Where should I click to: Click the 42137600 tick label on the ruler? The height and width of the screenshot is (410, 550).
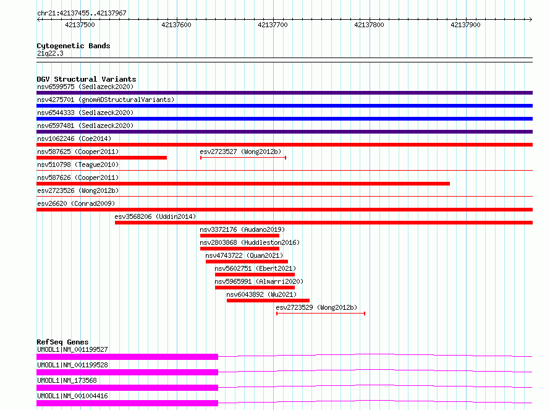point(176,25)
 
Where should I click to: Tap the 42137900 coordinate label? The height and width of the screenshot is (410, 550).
point(465,25)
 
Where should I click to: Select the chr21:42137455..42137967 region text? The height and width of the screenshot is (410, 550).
point(82,13)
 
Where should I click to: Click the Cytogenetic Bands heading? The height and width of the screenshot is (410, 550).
point(74,46)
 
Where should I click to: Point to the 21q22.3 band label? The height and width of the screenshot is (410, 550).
point(50,53)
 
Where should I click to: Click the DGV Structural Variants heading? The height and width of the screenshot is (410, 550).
point(87,79)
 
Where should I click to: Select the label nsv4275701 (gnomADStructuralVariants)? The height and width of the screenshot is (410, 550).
point(106,100)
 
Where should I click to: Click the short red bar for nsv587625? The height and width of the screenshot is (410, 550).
point(102,158)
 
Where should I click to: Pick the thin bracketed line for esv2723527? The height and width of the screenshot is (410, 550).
point(243,158)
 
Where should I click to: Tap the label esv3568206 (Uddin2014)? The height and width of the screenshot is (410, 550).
point(155,216)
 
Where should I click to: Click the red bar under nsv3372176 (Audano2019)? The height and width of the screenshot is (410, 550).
point(240,236)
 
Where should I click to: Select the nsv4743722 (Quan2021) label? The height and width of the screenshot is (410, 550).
point(244,255)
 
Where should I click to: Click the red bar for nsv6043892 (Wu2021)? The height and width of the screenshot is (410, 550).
point(268,301)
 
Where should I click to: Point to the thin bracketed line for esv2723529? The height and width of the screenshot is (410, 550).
point(321,314)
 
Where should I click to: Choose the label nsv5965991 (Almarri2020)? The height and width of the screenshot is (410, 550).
point(259,281)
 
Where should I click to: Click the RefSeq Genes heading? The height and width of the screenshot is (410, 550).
point(62,342)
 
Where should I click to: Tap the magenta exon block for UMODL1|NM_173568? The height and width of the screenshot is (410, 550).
point(127,388)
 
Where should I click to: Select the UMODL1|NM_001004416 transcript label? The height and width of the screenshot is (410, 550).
point(72,396)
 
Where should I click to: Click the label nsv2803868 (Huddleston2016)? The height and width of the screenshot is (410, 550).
point(250,242)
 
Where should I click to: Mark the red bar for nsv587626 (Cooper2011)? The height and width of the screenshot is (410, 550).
point(243,184)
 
